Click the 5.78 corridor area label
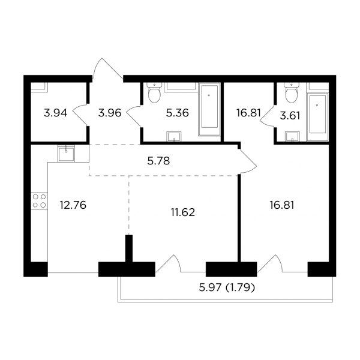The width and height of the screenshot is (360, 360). click(x=160, y=160)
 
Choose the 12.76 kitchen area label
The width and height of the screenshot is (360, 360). click(x=71, y=204)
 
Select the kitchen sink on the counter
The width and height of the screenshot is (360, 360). click(x=64, y=155)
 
